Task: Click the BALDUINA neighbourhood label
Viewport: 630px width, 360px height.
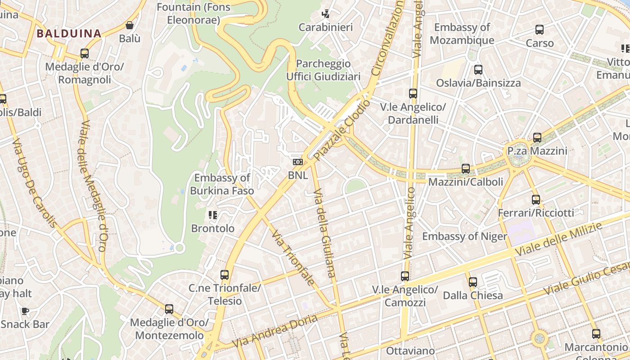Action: click(69, 33)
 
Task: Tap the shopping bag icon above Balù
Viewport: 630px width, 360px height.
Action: click(130, 25)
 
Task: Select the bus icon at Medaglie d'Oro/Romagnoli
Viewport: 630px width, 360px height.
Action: click(84, 54)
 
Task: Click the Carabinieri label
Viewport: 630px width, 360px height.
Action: click(326, 27)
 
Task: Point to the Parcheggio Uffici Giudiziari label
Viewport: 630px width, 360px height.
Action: click(324, 70)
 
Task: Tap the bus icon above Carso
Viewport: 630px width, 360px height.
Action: click(540, 30)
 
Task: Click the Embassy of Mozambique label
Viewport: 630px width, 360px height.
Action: click(462, 34)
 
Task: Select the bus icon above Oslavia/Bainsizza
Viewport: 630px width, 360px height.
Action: click(478, 70)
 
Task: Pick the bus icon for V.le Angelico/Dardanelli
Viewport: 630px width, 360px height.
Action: click(413, 94)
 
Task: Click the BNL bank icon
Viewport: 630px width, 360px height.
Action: click(297, 162)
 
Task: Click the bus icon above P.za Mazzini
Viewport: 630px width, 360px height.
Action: click(537, 138)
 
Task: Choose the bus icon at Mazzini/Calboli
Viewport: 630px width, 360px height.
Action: click(466, 169)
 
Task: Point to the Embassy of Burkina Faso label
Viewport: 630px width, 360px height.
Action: click(222, 184)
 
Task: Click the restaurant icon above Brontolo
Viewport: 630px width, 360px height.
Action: click(213, 215)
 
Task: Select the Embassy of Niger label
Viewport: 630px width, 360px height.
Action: click(464, 236)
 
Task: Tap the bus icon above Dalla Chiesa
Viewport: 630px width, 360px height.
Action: click(472, 282)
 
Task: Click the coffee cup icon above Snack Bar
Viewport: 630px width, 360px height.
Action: click(25, 311)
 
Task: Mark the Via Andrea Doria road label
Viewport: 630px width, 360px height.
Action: click(274, 331)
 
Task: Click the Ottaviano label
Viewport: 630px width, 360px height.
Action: click(410, 351)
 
